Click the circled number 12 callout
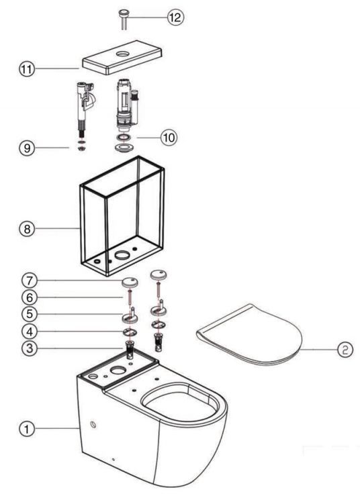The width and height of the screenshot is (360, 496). pyautogui.click(x=175, y=17)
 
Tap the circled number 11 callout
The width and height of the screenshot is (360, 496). pyautogui.click(x=27, y=68)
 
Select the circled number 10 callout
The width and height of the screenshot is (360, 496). pyautogui.click(x=169, y=138)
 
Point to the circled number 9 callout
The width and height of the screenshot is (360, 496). pyautogui.click(x=27, y=148)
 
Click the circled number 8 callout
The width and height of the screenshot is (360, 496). pyautogui.click(x=27, y=228)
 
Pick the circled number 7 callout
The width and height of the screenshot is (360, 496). pyautogui.click(x=30, y=281)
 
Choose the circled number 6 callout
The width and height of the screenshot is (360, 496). pyautogui.click(x=30, y=297)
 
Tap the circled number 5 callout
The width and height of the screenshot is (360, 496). pyautogui.click(x=30, y=314)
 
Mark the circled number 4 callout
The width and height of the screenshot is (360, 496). pyautogui.click(x=30, y=332)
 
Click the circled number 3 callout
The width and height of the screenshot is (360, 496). pyautogui.click(x=30, y=348)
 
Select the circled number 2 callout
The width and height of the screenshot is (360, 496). pyautogui.click(x=345, y=350)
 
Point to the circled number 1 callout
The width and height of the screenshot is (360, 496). pyautogui.click(x=27, y=429)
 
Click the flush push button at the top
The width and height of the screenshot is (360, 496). pyautogui.click(x=124, y=20)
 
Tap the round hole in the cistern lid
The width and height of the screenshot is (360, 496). pyautogui.click(x=122, y=54)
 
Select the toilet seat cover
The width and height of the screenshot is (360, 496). pyautogui.click(x=249, y=335)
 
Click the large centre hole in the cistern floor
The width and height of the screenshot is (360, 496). pyautogui.click(x=122, y=255)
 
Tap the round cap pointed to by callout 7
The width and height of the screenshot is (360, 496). pyautogui.click(x=130, y=282)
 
